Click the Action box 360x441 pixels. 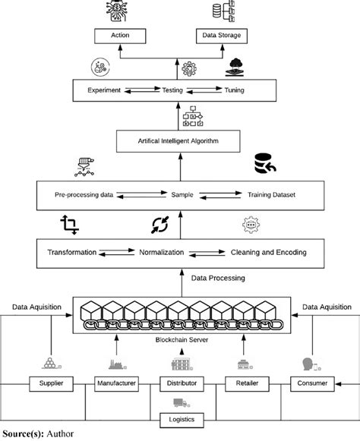[120, 36]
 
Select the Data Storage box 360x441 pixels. [222, 36]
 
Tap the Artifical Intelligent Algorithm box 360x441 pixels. [178, 141]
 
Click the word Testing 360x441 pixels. [172, 90]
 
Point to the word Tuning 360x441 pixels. [234, 90]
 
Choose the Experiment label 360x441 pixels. [104, 90]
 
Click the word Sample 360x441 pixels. [182, 194]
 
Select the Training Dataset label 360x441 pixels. [271, 194]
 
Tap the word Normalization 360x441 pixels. [162, 252]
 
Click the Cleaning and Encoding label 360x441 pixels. [269, 252]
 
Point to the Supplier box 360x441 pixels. [51, 384]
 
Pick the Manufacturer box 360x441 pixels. [116, 384]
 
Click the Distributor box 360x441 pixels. [182, 384]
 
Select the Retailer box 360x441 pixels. [247, 384]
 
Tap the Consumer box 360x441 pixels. [312, 384]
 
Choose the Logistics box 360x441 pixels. [182, 421]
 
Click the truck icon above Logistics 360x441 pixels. [182, 403]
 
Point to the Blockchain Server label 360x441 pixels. [182, 340]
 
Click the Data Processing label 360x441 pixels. [218, 278]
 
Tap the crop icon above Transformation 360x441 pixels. [70, 225]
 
